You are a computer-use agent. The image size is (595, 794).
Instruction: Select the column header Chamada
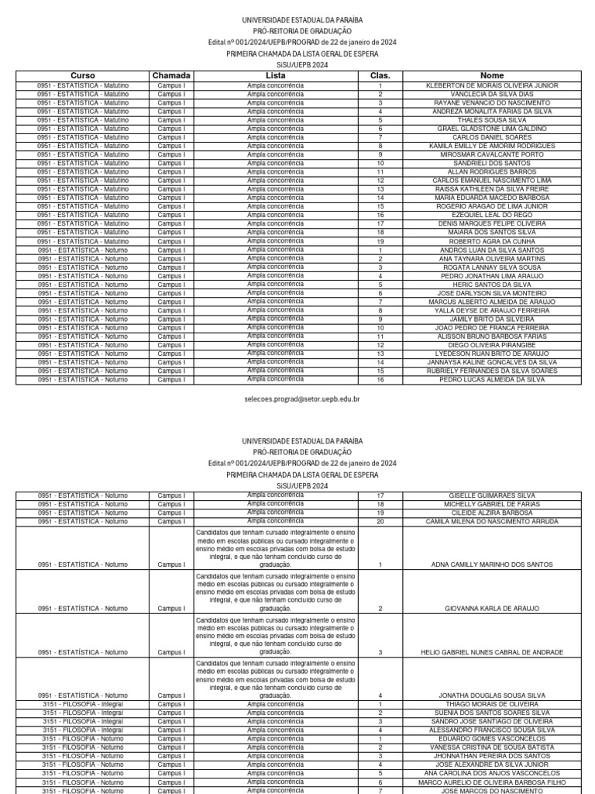tap(171, 75)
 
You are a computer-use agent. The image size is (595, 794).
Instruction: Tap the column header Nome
tap(492, 75)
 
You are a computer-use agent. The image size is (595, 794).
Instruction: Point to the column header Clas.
tap(380, 75)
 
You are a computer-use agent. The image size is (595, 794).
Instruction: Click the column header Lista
tap(276, 75)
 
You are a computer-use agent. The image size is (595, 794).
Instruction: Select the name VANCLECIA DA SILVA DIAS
tap(492, 94)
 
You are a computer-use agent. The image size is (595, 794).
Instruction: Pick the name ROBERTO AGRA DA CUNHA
tap(492, 241)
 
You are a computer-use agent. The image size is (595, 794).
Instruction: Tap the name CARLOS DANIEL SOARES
tap(492, 137)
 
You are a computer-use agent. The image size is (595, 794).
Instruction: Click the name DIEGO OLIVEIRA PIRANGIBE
tap(492, 345)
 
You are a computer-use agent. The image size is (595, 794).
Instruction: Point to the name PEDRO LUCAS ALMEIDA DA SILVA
tap(492, 379)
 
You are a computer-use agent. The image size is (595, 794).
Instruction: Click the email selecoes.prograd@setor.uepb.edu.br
tap(302, 399)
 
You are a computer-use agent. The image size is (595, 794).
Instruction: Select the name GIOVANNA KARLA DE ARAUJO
tap(492, 609)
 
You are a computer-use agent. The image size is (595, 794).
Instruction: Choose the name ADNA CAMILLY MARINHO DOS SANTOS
tap(492, 565)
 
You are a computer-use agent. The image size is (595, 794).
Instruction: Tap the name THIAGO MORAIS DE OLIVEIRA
tap(492, 704)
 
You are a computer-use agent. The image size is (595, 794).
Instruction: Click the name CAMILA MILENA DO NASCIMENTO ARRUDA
tap(492, 522)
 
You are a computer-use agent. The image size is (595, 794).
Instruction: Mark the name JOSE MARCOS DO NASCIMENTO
tap(492, 790)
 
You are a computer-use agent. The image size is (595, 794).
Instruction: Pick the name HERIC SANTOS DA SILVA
tap(492, 285)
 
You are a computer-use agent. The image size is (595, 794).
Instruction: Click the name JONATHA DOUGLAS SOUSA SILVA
tap(492, 696)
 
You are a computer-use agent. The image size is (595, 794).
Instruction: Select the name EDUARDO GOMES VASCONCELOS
tap(492, 739)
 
